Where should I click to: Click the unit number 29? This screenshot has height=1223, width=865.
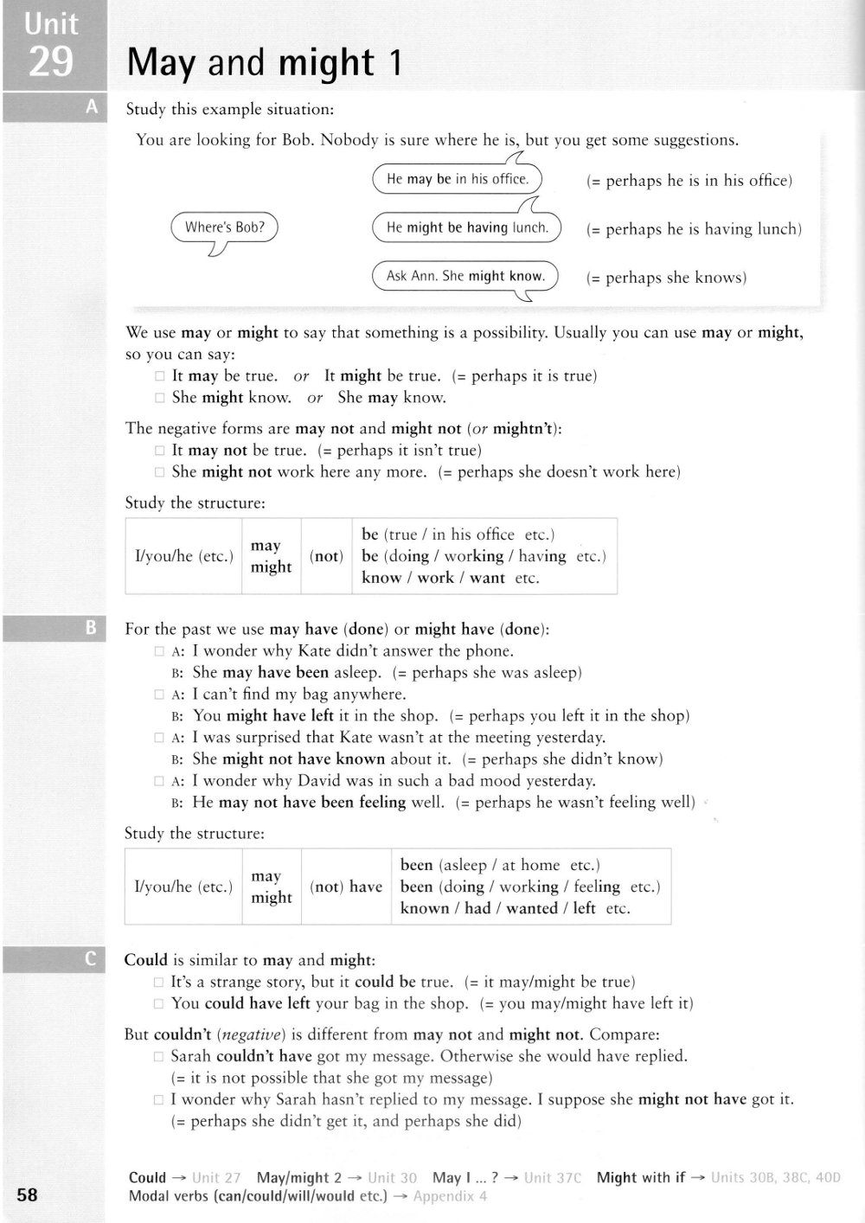pyautogui.click(x=51, y=61)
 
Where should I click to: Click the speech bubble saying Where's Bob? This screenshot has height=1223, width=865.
pyautogui.click(x=225, y=227)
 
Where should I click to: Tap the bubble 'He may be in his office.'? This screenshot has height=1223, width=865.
pyautogui.click(x=457, y=179)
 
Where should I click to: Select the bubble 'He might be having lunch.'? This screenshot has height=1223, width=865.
pyautogui.click(x=467, y=227)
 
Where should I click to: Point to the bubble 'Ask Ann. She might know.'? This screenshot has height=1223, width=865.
pyautogui.click(x=465, y=276)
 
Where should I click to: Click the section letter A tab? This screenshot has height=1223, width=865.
pyautogui.click(x=92, y=107)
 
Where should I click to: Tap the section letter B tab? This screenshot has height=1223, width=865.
pyautogui.click(x=91, y=629)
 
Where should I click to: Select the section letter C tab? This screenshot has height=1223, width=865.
pyautogui.click(x=91, y=959)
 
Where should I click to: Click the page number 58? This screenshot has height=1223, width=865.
pyautogui.click(x=28, y=1194)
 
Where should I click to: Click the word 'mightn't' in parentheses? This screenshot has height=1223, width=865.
pyautogui.click(x=523, y=428)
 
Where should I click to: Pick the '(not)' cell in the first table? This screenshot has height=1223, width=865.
pyautogui.click(x=326, y=556)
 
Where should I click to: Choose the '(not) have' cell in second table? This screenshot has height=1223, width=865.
pyautogui.click(x=346, y=887)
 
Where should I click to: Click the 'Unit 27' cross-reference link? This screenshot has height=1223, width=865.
pyautogui.click(x=216, y=1177)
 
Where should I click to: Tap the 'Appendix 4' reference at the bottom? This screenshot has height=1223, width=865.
pyautogui.click(x=450, y=1196)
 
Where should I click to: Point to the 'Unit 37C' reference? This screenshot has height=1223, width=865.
pyautogui.click(x=553, y=1177)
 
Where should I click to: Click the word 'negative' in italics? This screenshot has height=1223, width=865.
pyautogui.click(x=253, y=1034)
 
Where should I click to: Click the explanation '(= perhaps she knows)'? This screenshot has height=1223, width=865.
pyautogui.click(x=666, y=278)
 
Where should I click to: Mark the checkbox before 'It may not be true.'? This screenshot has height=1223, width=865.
pyautogui.click(x=159, y=451)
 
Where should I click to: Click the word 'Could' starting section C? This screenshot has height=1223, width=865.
pyautogui.click(x=146, y=960)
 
